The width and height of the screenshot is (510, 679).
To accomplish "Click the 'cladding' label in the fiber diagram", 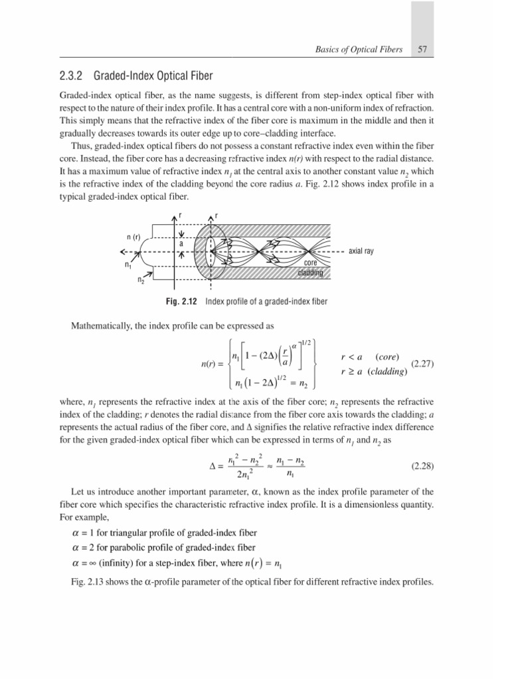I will tap(310, 273).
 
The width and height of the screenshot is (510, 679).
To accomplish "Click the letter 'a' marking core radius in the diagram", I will tap(181, 243).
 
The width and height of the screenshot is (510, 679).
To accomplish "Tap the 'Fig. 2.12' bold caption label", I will tap(182, 302).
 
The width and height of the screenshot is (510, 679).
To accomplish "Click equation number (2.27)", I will tap(422, 363).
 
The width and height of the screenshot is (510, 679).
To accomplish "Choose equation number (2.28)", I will tap(422, 465).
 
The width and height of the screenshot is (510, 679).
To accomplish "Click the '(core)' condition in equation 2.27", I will tap(387, 357).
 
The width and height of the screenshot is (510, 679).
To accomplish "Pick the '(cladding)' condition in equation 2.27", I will tap(384, 371).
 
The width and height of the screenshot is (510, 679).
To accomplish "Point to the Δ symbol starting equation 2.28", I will tap(212, 465).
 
